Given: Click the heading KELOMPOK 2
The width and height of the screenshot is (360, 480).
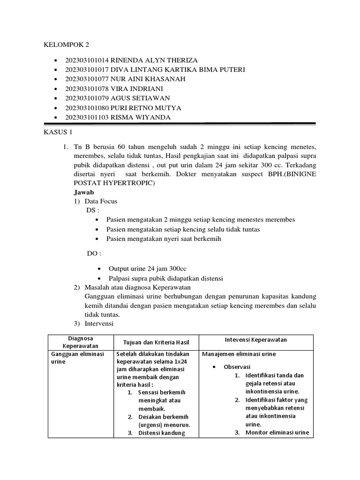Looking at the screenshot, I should (x=66, y=45).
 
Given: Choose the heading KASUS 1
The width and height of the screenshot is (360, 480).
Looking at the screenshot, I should (x=56, y=133).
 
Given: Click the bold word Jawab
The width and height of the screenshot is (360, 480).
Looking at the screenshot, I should (x=84, y=192).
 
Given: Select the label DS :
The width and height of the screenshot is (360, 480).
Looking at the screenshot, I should (x=93, y=210).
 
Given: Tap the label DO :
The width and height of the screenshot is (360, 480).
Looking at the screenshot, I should (x=94, y=253).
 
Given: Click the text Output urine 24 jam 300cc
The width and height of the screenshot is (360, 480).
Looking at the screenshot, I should (x=148, y=269).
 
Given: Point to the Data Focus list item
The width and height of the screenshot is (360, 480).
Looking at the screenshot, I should (x=101, y=201).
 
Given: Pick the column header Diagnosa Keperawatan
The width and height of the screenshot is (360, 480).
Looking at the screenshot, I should (x=81, y=342).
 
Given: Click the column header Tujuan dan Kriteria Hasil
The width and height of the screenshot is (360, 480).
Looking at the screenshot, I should (x=155, y=342).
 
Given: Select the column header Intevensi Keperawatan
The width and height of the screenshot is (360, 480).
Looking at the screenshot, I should (x=256, y=339).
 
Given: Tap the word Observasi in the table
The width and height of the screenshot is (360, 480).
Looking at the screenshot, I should (x=237, y=366).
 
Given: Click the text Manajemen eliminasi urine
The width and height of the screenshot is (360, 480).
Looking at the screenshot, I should (x=239, y=354).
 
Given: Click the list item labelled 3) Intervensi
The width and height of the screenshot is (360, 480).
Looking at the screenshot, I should (x=99, y=323).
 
